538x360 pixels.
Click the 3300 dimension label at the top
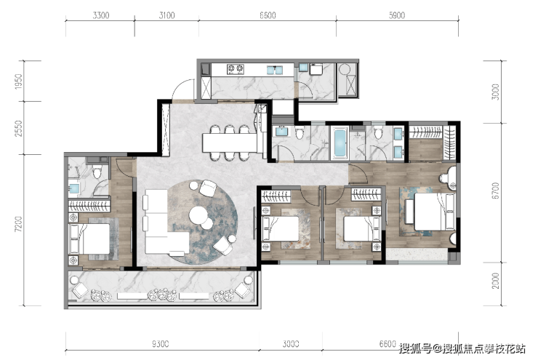[x=101, y=15]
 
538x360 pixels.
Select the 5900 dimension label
[x=397, y=15]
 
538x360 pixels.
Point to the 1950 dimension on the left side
[x=18, y=81]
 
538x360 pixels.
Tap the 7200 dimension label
[x=18, y=224]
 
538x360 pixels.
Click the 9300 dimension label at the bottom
[x=160, y=344]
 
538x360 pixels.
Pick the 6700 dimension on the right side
[x=495, y=191]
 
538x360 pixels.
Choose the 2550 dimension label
[x=18, y=128]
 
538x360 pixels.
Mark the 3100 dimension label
[x=166, y=15]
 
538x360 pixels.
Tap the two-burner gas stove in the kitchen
[x=235, y=69]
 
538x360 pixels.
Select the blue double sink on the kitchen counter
[x=275, y=70]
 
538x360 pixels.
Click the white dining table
[x=230, y=143]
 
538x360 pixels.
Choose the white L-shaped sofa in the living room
[x=164, y=225]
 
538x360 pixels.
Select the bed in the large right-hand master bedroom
[x=434, y=212]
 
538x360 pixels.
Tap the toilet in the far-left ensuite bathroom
[x=97, y=171]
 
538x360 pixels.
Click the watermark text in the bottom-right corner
[x=462, y=348]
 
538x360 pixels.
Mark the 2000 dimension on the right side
[x=495, y=281]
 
